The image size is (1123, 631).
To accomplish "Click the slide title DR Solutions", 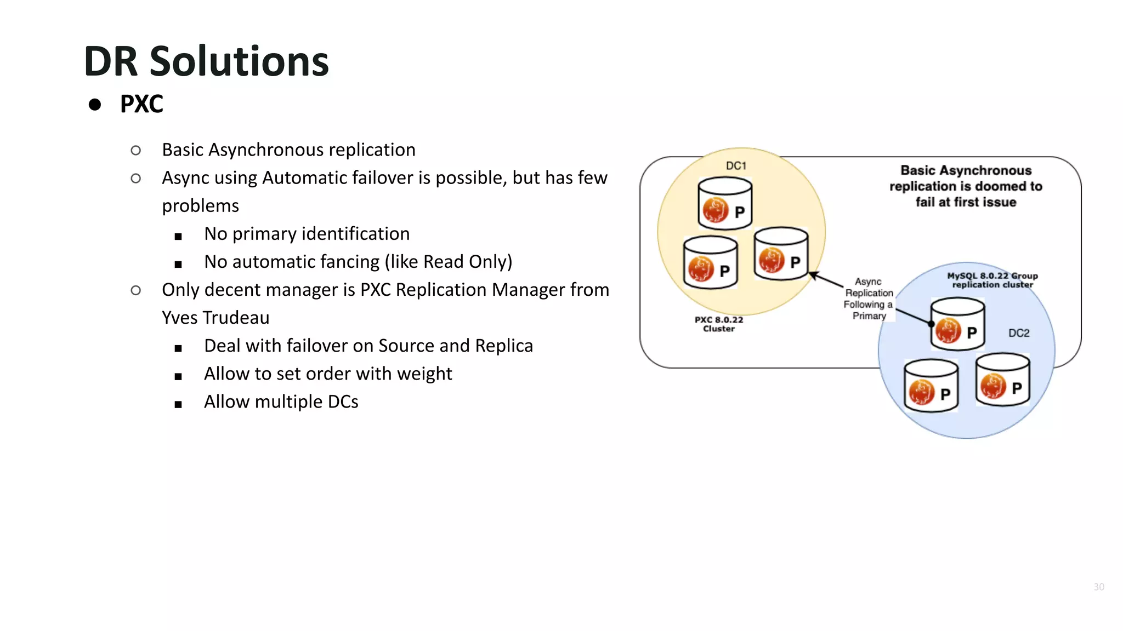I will point(206,61).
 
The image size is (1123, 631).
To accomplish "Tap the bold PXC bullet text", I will point(141,104).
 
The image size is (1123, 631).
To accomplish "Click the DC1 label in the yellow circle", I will point(736,165).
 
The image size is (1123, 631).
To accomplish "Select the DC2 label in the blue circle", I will point(1019,333).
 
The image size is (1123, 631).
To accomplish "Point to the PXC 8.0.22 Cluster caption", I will point(719,324).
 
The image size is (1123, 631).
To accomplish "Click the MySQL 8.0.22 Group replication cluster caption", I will point(992,280).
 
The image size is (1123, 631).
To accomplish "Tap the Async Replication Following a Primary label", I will point(869,299).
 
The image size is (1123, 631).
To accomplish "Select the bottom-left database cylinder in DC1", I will point(710,262).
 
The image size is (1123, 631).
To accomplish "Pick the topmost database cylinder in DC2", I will point(957,324).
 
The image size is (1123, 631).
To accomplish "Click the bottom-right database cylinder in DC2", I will point(1002,380).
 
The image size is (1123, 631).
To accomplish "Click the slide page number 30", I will point(1099,587).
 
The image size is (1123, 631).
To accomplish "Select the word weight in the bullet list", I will point(424,374).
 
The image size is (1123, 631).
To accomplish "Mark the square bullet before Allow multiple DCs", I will point(178,405).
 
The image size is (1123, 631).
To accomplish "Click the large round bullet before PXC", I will point(95,105).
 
